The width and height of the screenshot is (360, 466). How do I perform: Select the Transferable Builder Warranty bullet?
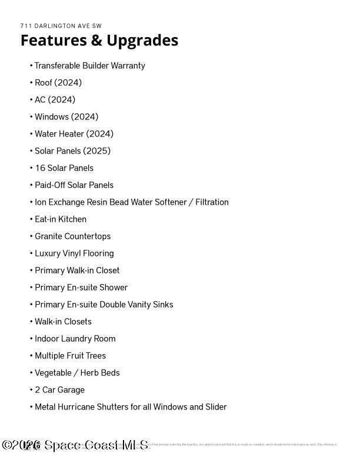tap(89, 65)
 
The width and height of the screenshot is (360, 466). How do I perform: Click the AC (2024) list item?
tap(55, 99)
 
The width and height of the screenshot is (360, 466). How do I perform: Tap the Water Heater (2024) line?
tap(74, 134)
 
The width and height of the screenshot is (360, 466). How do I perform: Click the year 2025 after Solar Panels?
tap(96, 151)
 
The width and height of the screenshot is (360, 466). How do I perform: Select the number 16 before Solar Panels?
tap(40, 168)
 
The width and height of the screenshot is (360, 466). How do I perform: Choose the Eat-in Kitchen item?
tap(60, 219)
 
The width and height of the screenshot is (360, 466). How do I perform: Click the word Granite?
tap(49, 236)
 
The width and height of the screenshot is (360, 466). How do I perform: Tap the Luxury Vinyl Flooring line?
tap(74, 253)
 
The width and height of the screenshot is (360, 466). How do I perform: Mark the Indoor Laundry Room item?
tap(75, 338)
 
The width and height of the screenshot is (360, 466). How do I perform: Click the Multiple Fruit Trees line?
tap(70, 355)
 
